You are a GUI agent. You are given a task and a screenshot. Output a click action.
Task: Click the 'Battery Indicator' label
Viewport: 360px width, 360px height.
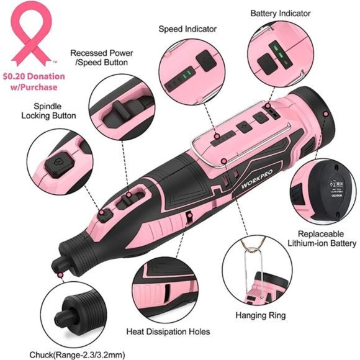(281, 13)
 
